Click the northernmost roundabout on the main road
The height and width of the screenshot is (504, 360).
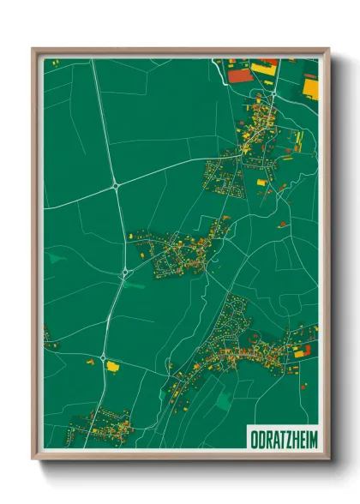(x=114, y=184)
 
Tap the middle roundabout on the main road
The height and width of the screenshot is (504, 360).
(x=125, y=273)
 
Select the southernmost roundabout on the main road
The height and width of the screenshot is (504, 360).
(x=103, y=357)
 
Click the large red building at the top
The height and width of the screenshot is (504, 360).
(x=241, y=75)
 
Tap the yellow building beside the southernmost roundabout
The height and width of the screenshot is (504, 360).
(x=112, y=366)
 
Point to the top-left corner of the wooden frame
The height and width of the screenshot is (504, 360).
(x=33, y=49)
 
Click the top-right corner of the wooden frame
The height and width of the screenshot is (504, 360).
(x=328, y=49)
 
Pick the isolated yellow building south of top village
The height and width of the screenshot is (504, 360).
(x=262, y=183)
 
